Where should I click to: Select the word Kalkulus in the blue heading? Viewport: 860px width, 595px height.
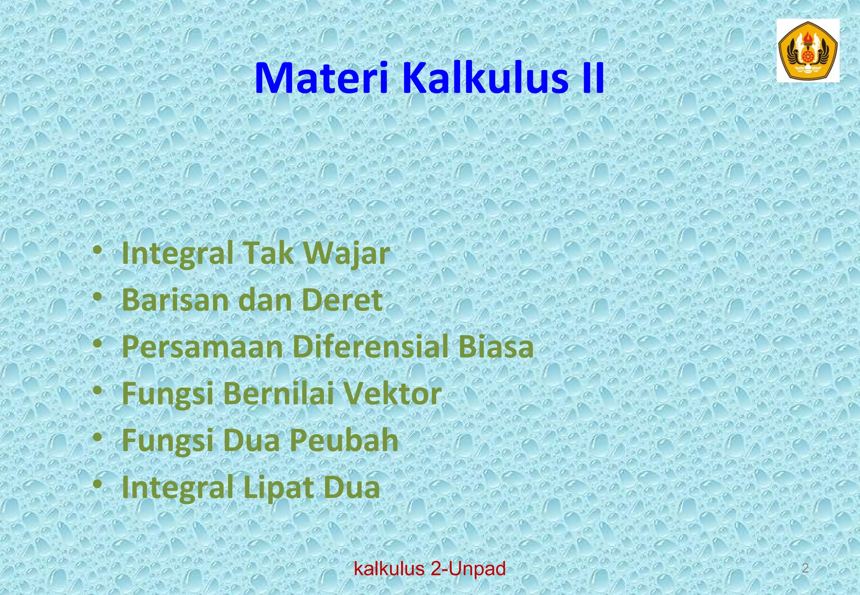[x=480, y=79]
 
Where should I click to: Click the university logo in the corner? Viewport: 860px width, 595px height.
[x=807, y=50]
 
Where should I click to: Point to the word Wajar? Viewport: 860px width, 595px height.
[x=347, y=254]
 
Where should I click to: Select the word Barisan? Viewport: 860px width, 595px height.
[x=176, y=300]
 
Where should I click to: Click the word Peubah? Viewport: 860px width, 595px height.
[x=343, y=441]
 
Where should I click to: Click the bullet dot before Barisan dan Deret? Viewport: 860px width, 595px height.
[x=97, y=297]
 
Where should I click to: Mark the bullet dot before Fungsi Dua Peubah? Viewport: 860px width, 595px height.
[x=97, y=438]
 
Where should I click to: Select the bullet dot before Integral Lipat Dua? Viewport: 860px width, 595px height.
[x=97, y=485]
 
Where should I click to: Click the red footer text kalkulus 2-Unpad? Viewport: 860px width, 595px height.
[x=430, y=569]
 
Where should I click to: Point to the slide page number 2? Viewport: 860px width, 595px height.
[x=805, y=569]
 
